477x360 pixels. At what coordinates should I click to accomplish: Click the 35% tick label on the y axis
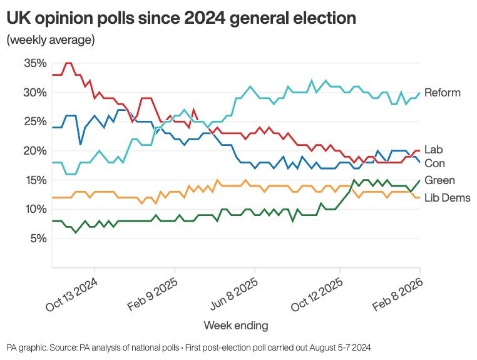(x=35, y=63)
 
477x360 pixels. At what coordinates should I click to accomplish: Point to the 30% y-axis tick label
(x=35, y=93)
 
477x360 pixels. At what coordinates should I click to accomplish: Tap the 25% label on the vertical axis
(x=35, y=121)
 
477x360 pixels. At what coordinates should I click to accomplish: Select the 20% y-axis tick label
(x=35, y=151)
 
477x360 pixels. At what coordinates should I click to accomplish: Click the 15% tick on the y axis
(x=35, y=180)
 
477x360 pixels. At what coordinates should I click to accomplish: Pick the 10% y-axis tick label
(x=35, y=209)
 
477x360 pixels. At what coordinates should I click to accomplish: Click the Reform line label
(x=442, y=93)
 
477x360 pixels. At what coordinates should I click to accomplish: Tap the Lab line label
(x=433, y=150)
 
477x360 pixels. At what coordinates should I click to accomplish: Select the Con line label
(x=434, y=163)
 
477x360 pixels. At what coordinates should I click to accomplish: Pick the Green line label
(x=439, y=180)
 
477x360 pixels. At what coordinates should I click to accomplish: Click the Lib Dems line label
(x=447, y=198)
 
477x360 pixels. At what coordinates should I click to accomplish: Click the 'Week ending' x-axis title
(x=236, y=326)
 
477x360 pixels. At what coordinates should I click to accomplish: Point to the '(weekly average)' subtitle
(x=51, y=40)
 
